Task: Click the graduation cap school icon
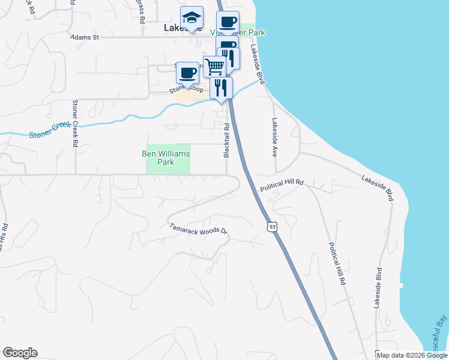[x=191, y=18]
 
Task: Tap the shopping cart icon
[x=214, y=66]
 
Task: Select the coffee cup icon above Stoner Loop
[x=188, y=73]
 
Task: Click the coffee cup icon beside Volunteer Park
[x=228, y=23]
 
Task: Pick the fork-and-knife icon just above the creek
[x=221, y=88]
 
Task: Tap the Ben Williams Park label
[x=166, y=158]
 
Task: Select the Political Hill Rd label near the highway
[x=282, y=185]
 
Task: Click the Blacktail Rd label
[x=227, y=140]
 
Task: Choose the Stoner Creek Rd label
[x=76, y=124]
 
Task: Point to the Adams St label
[x=84, y=37]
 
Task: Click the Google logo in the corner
[x=20, y=353]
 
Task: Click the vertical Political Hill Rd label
[x=337, y=264]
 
